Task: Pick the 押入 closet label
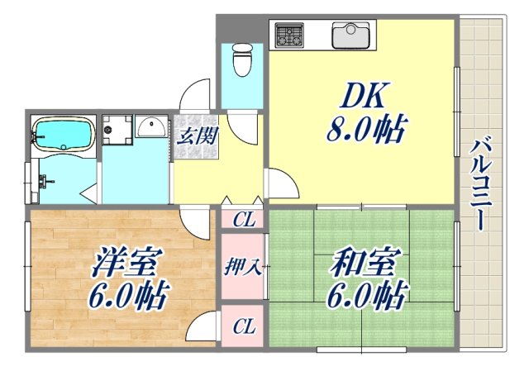[x=243, y=267]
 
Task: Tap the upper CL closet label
[x=243, y=220]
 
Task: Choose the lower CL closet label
[x=243, y=326]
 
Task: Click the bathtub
[x=63, y=135]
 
